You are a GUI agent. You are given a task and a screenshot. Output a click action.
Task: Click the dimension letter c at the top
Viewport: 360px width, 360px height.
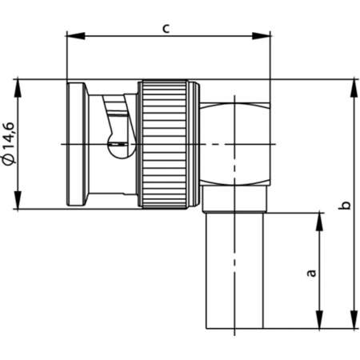(x=166, y=28)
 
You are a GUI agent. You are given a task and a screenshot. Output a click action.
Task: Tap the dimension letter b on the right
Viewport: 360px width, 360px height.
(x=344, y=205)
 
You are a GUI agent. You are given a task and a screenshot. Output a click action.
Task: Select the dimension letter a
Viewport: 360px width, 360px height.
(x=312, y=272)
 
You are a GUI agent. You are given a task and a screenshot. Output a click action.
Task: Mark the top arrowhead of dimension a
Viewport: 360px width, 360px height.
(x=320, y=218)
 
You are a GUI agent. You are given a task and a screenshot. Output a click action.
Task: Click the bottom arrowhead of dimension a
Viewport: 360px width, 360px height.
(x=320, y=323)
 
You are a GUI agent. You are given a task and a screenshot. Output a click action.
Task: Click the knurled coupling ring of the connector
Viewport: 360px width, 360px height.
(x=166, y=144)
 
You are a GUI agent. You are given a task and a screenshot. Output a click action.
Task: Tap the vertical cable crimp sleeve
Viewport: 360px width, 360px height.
(x=237, y=272)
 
